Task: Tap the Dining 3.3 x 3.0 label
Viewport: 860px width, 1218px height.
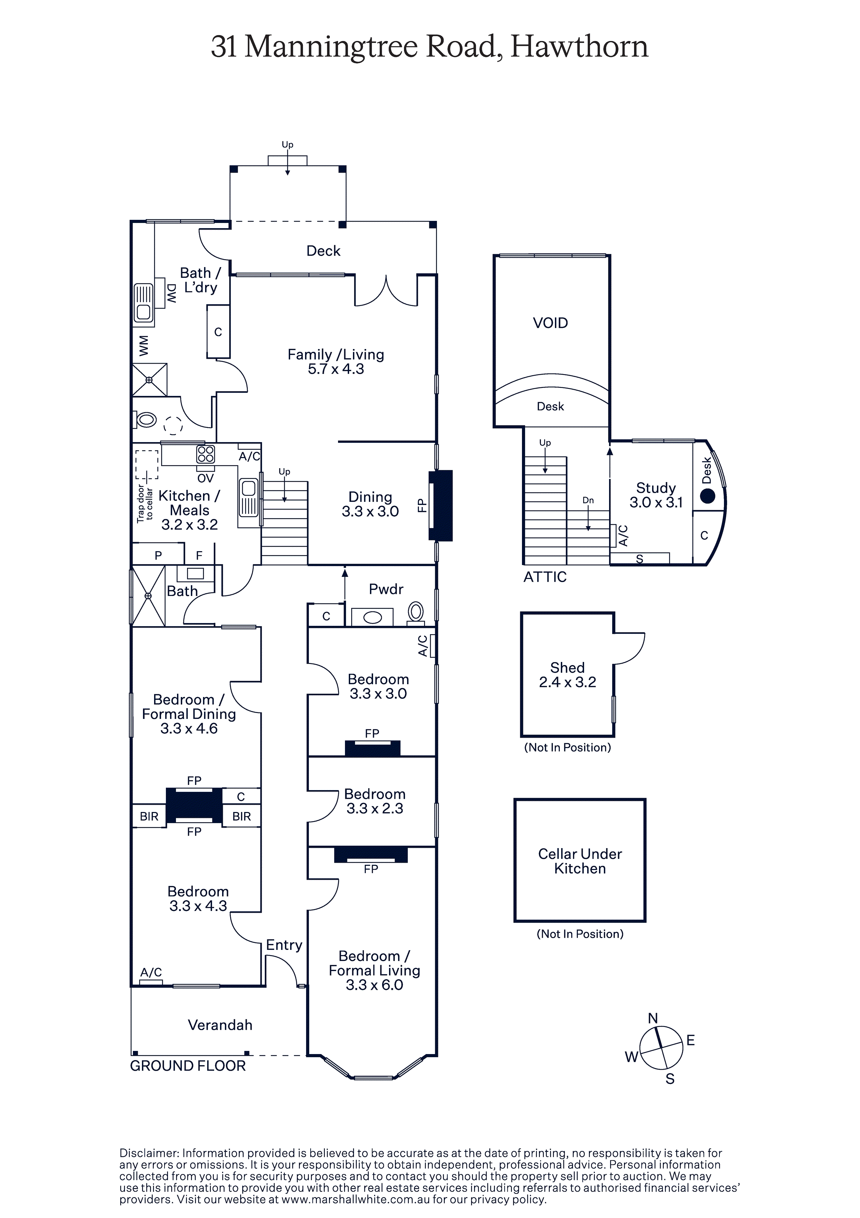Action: coord(370,504)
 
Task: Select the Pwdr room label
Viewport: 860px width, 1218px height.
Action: coord(386,589)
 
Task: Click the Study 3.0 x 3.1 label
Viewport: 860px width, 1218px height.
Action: coord(656,495)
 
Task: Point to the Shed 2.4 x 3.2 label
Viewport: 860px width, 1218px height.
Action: coord(567,675)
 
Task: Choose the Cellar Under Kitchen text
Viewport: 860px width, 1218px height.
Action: coord(580,861)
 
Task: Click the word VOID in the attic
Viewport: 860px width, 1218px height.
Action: coord(550,323)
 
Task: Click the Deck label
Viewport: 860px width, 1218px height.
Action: coord(323,251)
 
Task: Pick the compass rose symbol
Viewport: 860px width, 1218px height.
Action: coord(661,1048)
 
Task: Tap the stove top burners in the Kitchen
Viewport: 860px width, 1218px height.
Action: coord(206,454)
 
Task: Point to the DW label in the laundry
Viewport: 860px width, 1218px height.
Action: coord(171,293)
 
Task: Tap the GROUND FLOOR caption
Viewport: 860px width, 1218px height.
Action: coord(188,1066)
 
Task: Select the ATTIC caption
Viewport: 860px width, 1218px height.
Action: coord(545,577)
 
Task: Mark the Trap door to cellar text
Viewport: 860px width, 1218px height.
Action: coord(145,503)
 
